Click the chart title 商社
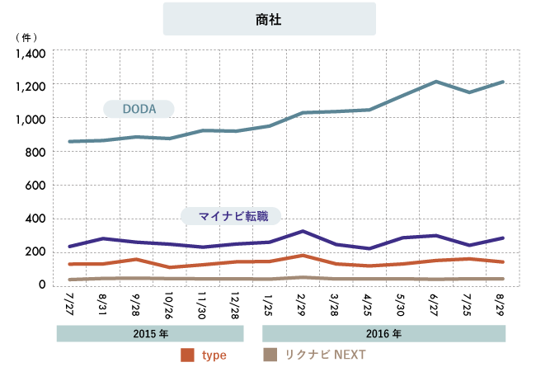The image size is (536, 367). pos(269,19)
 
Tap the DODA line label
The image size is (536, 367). pos(139,109)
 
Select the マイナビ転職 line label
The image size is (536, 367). pos(231,216)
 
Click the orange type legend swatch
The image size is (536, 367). pos(186,355)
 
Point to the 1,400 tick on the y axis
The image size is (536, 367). pos(32,54)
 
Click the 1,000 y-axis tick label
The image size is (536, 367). pos(32,120)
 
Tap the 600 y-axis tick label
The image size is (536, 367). pos(38,186)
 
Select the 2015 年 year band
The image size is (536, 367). pos(150,334)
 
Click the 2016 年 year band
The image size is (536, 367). pos(383,334)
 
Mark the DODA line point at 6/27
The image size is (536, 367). pos(436,82)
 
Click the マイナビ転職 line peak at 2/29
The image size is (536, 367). pos(303,231)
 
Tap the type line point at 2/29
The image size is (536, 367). pos(303,256)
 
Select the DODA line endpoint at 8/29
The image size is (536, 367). pos(503,82)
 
